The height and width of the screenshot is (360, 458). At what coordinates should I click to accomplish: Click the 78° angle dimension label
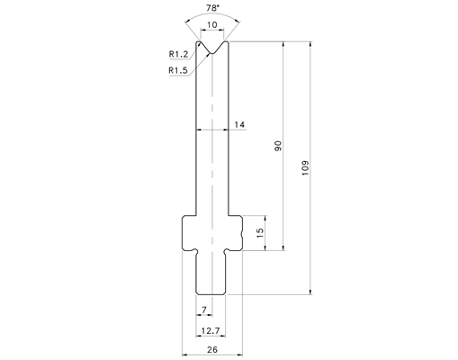click(212, 8)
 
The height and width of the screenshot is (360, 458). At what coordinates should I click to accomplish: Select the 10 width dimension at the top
click(212, 24)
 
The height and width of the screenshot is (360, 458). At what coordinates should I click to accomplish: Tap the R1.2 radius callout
click(178, 54)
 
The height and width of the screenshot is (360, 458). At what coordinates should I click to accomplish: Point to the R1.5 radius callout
click(178, 70)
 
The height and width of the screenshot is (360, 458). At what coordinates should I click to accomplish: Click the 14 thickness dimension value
click(239, 124)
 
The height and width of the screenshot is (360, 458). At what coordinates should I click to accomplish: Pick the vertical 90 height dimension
click(278, 146)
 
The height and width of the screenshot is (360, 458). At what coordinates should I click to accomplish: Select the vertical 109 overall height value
click(305, 168)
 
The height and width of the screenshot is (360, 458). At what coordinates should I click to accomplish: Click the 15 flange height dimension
click(260, 233)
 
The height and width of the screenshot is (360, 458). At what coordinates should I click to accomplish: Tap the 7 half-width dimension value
click(204, 310)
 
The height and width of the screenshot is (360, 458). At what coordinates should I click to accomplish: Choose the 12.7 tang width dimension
click(211, 330)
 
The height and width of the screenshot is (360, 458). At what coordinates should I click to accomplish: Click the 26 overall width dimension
click(212, 349)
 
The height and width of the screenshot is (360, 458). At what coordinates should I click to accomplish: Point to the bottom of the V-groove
click(212, 53)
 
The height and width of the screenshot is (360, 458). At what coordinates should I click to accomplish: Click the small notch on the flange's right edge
click(241, 233)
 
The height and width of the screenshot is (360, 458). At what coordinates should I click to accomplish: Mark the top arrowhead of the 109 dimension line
click(310, 44)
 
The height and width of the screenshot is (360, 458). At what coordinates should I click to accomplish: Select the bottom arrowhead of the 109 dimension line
click(310, 292)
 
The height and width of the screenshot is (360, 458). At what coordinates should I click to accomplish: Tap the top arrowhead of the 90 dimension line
click(283, 44)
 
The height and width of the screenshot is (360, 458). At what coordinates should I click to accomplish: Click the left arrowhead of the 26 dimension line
click(185, 355)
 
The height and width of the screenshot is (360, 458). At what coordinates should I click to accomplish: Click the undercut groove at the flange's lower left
click(195, 251)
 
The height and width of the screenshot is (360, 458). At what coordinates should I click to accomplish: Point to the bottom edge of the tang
click(211, 294)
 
